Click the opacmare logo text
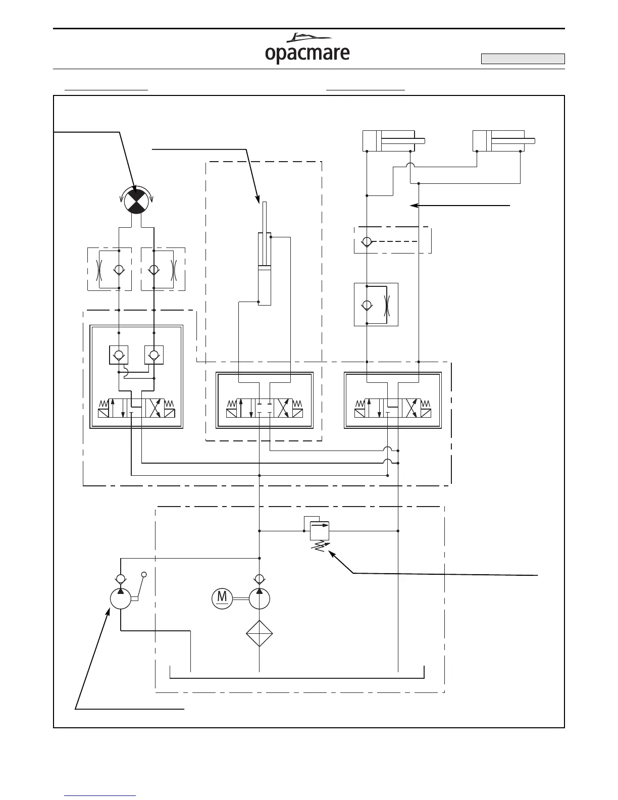tap(307, 54)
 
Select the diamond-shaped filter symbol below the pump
tap(260, 633)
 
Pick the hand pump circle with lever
tap(121, 599)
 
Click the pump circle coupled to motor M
tap(260, 598)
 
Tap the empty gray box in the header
tap(523, 59)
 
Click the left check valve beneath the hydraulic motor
tap(119, 269)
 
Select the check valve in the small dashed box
tap(367, 241)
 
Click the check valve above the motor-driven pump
tap(260, 578)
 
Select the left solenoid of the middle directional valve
tap(232, 413)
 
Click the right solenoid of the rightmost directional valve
tap(425, 413)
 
